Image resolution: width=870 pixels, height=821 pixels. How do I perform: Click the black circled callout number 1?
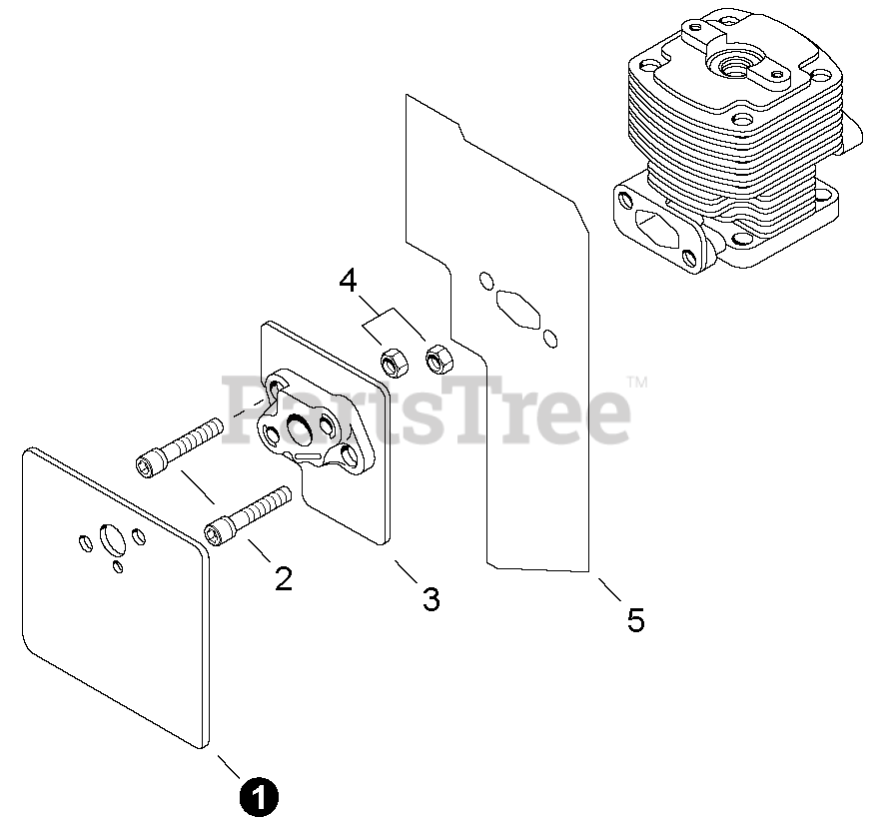259,797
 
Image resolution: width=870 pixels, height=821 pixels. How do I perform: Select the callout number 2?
284,578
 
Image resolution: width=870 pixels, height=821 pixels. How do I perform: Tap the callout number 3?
432,598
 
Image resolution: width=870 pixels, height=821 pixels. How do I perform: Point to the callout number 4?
349,282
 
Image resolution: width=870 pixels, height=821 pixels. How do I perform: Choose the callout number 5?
636,619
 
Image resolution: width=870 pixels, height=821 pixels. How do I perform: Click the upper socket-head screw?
179,446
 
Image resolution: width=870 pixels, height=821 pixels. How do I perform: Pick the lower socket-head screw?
248,516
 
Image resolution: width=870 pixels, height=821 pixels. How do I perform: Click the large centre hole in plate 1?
113,539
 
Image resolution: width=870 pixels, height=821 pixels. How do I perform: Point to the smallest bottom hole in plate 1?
118,566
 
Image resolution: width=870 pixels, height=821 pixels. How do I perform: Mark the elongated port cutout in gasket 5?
517,309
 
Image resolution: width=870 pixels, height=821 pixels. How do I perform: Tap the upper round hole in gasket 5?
486,281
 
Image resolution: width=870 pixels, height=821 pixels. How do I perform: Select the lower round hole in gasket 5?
550,339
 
